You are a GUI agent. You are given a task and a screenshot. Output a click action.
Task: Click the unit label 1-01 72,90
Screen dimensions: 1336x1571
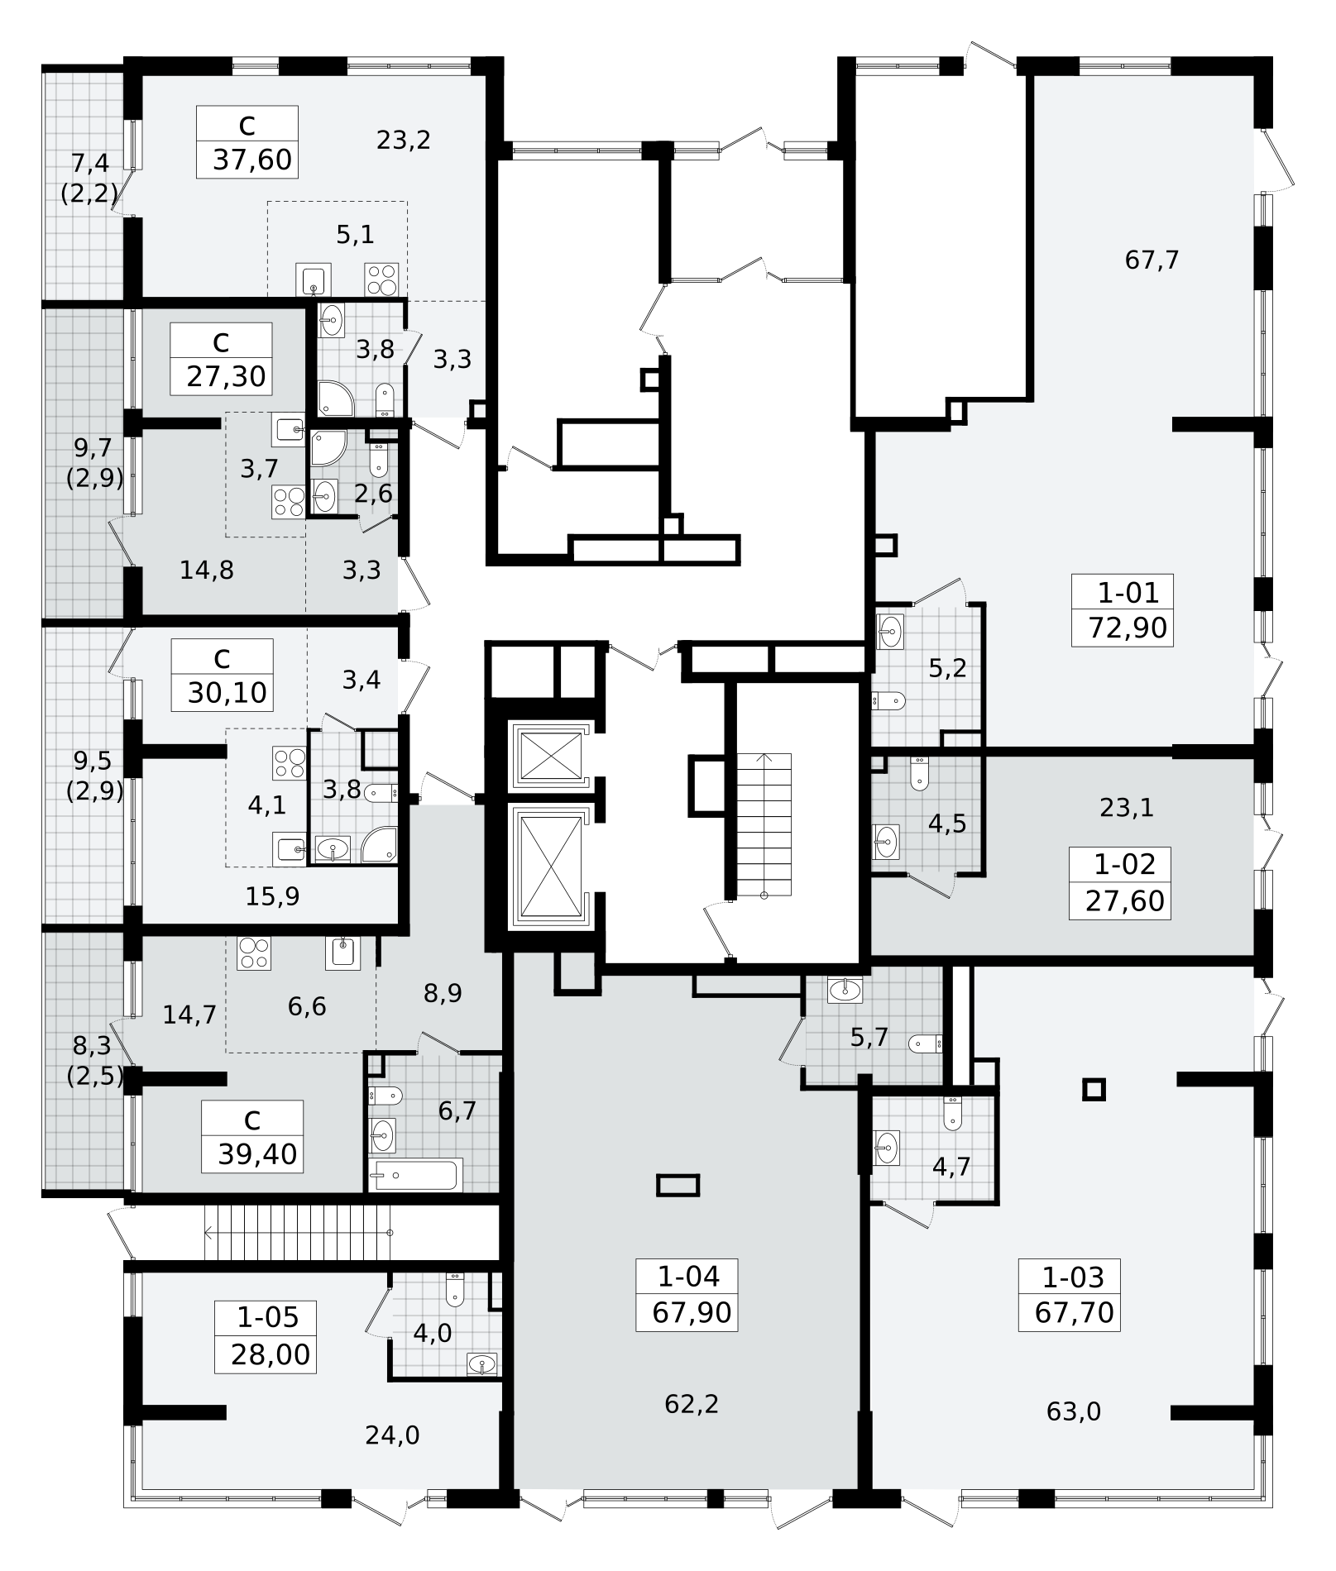1122,612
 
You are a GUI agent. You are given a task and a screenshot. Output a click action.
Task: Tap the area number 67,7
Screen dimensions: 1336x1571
1152,260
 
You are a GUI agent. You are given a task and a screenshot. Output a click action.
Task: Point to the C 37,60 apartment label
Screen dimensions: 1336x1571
247,141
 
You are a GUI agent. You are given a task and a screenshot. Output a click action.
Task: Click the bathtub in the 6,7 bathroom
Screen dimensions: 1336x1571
415,1174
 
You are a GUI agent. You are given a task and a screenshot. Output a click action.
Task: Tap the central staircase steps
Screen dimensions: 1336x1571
764,824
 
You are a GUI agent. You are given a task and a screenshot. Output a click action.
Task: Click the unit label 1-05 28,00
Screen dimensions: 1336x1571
266,1337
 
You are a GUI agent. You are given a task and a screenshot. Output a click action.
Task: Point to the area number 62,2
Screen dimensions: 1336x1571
692,1404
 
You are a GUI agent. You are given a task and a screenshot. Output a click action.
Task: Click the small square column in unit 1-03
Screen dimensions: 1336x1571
1094,1090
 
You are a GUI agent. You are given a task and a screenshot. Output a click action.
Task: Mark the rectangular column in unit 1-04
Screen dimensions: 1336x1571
678,1186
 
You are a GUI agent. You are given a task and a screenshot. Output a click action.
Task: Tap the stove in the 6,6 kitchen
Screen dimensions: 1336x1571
253,953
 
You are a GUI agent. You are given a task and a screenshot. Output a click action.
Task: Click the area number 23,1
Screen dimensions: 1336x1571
1127,808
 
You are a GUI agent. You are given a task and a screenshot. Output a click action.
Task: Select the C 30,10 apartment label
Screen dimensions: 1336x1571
222,675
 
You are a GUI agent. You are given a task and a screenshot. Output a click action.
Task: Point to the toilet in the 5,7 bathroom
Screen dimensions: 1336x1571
926,1044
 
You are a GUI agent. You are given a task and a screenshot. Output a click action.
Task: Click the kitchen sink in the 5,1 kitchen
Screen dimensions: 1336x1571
314,279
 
